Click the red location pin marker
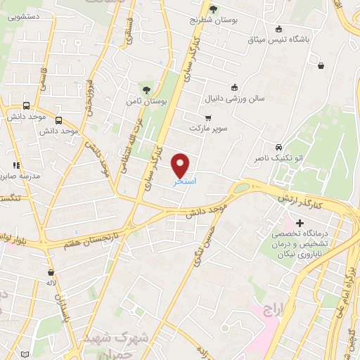(x=181, y=165)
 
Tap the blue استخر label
(x=184, y=181)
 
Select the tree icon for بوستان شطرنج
(x=213, y=8)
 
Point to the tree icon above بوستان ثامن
(x=146, y=89)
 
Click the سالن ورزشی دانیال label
(x=234, y=99)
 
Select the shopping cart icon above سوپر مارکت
(x=207, y=117)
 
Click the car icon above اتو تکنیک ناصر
(x=279, y=148)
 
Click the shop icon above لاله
(x=51, y=272)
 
